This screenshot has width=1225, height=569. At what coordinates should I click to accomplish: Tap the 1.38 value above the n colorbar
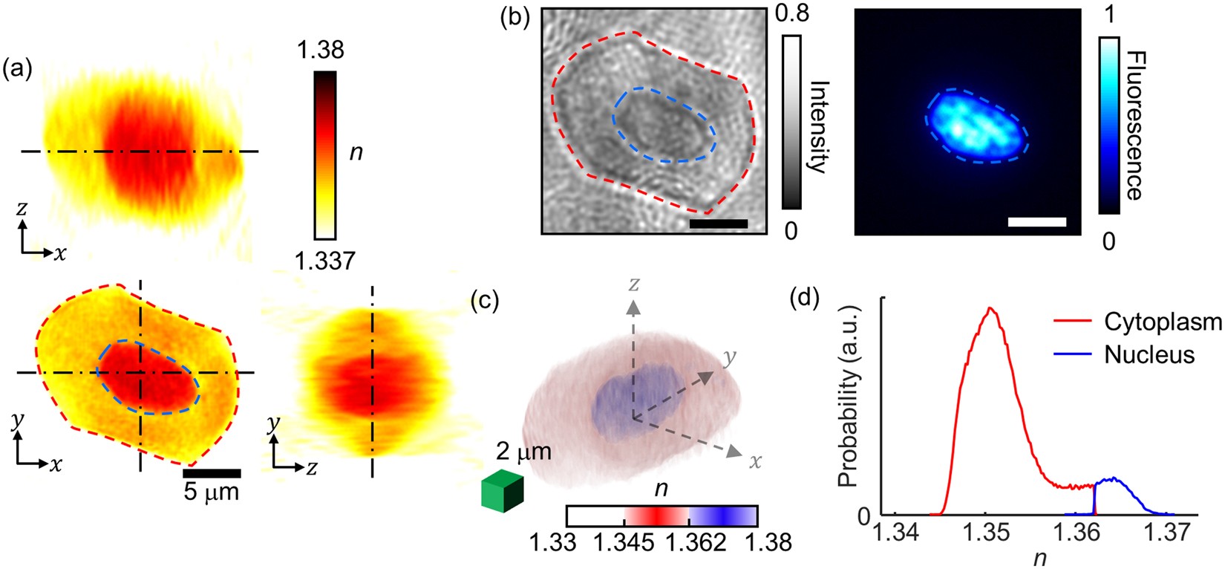pos(320,51)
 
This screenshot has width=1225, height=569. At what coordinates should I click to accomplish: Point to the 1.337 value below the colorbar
pos(324,261)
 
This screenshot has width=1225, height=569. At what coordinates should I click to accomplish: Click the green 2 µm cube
pos(503,493)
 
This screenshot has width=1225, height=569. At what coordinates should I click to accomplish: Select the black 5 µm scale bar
pos(212,472)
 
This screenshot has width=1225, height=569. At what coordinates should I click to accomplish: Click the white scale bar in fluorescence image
pos(1037,221)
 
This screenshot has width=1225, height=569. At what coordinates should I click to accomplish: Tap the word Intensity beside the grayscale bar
pos(817,127)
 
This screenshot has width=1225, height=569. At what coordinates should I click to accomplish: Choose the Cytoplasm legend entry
pos(1162,322)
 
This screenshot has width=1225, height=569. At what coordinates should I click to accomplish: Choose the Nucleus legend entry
pos(1149,354)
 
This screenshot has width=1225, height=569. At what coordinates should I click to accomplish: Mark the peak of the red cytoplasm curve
pos(990,308)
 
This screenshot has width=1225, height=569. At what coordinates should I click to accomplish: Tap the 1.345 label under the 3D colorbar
pos(624,543)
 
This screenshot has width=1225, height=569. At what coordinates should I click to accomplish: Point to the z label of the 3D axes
pos(633,283)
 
